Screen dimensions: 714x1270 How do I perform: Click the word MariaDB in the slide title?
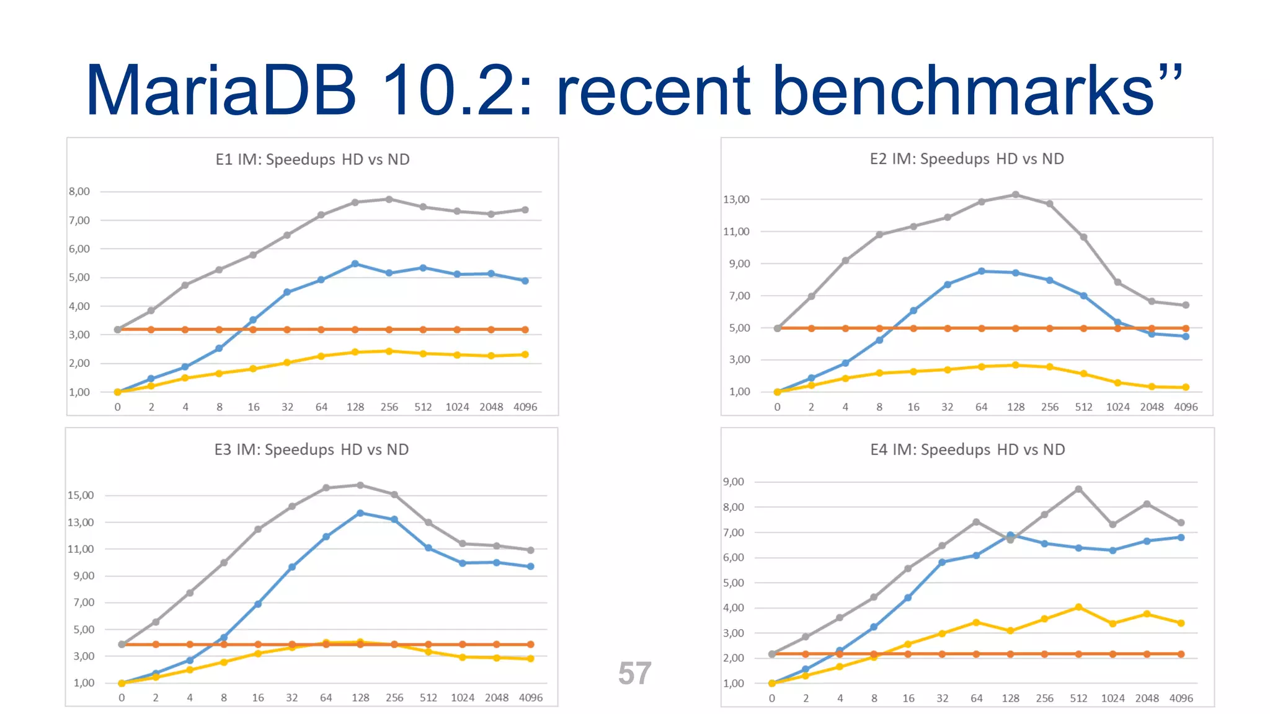pyautogui.click(x=221, y=90)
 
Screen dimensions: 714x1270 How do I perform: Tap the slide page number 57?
pyautogui.click(x=634, y=674)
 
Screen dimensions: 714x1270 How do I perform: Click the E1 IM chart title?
pyautogui.click(x=313, y=159)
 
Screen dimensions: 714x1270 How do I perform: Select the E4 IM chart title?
pyautogui.click(x=967, y=449)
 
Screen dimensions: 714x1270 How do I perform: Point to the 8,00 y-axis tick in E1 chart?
pyautogui.click(x=79, y=192)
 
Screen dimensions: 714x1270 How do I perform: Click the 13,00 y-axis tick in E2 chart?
pyautogui.click(x=736, y=200)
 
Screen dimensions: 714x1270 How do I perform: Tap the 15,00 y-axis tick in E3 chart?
pyautogui.click(x=81, y=495)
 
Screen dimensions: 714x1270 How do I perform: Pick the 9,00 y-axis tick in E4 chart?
pyautogui.click(x=734, y=482)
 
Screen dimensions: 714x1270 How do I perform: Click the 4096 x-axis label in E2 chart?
pyautogui.click(x=1186, y=407)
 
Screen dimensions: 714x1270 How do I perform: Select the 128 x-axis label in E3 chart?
pyautogui.click(x=360, y=698)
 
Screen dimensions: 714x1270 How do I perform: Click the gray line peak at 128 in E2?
pyautogui.click(x=1016, y=195)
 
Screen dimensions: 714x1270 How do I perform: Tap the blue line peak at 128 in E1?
pyautogui.click(x=355, y=264)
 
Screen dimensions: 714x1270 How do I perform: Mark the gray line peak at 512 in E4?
pyautogui.click(x=1079, y=489)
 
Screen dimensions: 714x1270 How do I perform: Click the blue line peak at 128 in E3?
pyautogui.click(x=360, y=513)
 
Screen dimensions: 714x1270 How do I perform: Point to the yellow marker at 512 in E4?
pyautogui.click(x=1079, y=607)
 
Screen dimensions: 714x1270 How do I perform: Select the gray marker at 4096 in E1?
pyautogui.click(x=525, y=210)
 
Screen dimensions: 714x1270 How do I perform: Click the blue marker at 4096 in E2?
pyautogui.click(x=1186, y=337)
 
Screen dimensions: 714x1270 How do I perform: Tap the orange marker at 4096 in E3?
pyautogui.click(x=531, y=645)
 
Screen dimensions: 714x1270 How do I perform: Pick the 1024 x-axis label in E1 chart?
pyautogui.click(x=457, y=407)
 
